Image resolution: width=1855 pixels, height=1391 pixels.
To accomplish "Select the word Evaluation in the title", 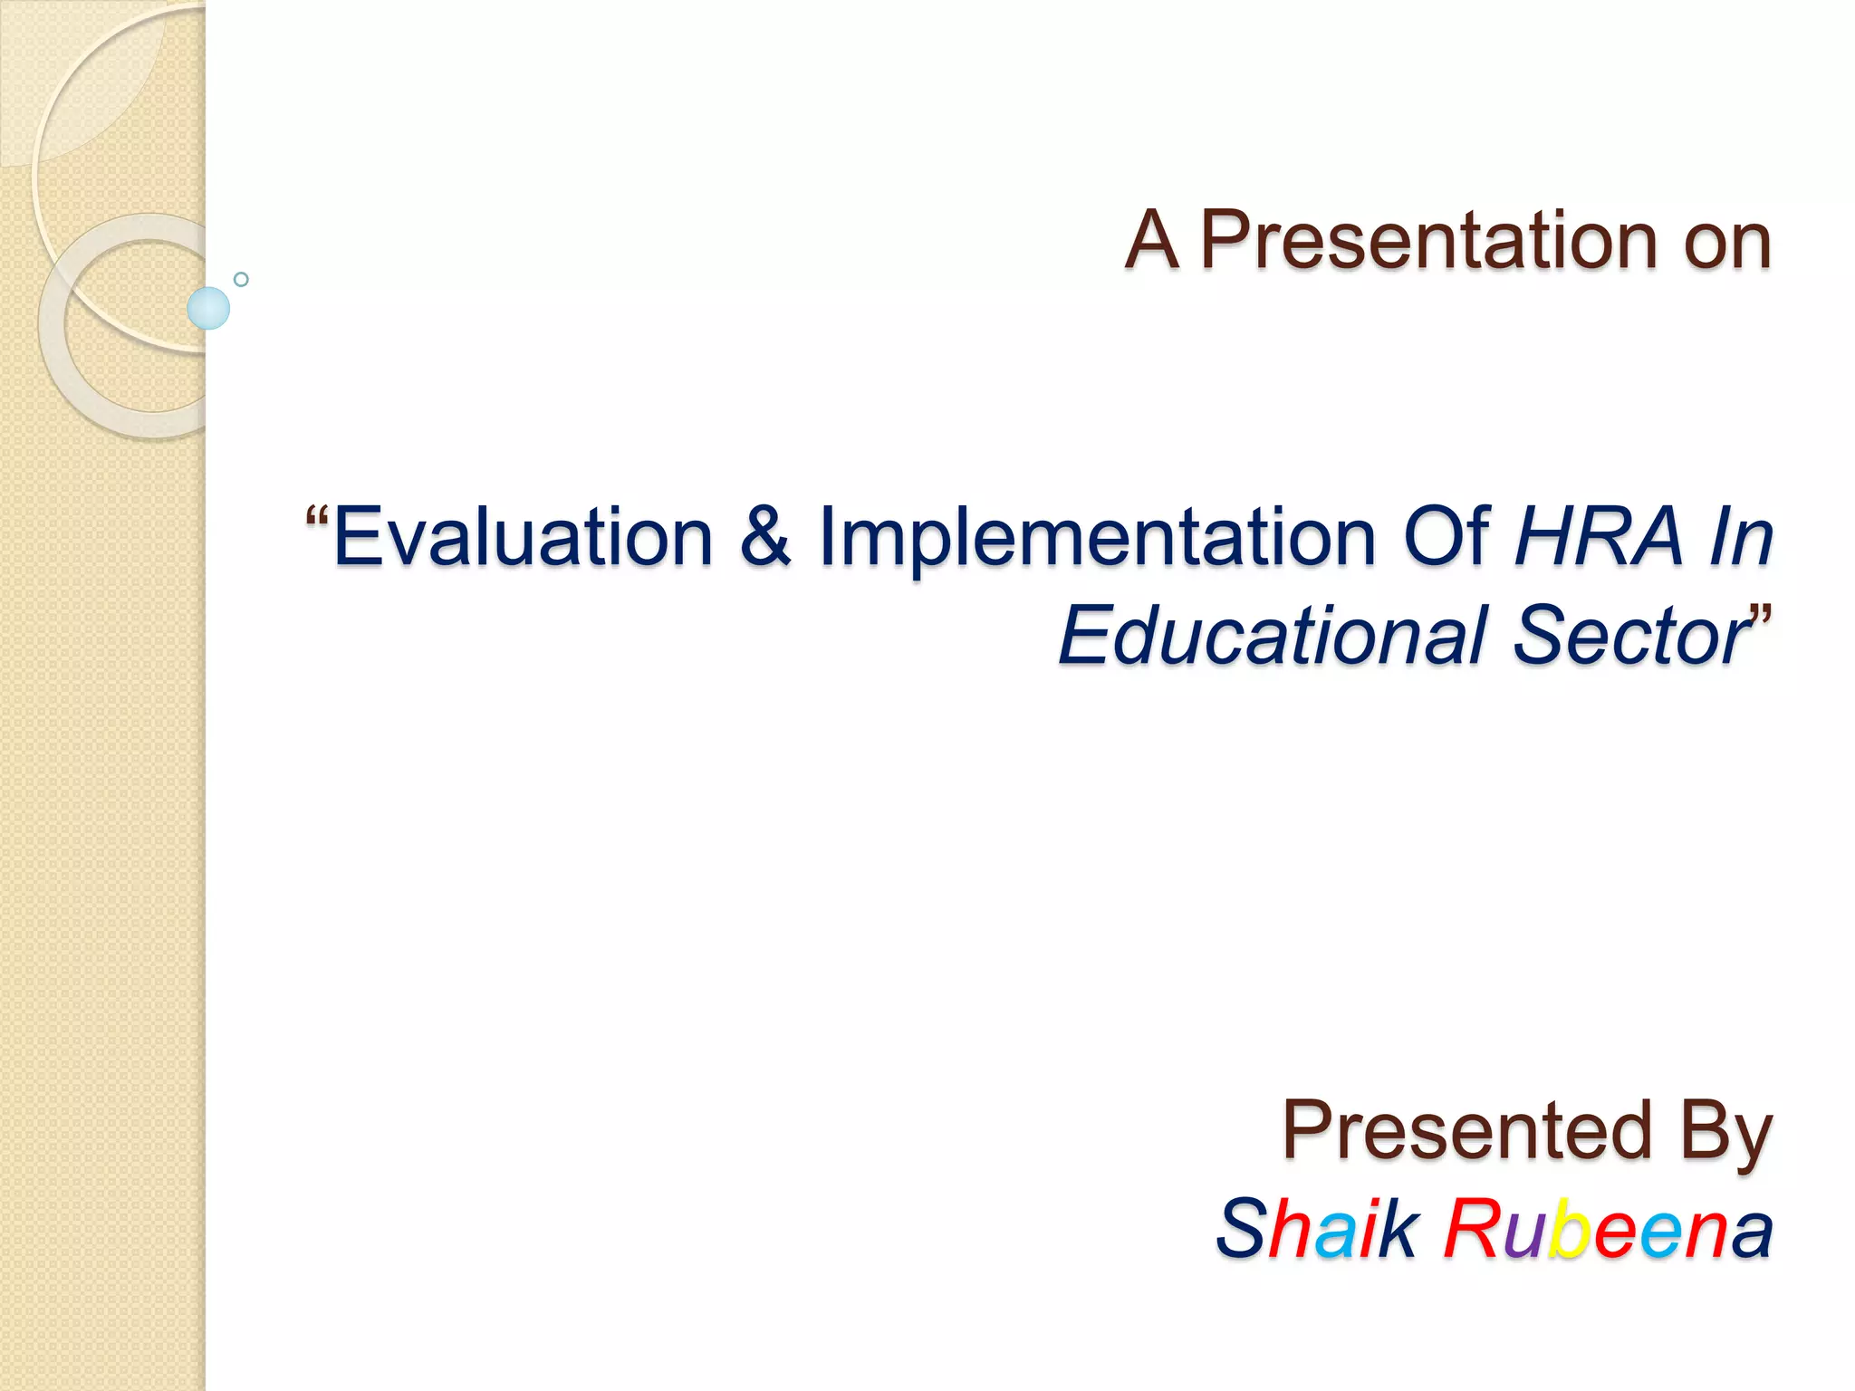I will coord(524,537).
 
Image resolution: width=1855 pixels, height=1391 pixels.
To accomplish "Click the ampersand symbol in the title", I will coord(766,537).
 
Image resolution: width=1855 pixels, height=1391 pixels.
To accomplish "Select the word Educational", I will coord(1274,636).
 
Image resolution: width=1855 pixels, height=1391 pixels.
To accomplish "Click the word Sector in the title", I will coord(1630,636).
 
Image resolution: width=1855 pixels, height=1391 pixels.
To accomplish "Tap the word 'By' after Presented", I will coord(1726,1132).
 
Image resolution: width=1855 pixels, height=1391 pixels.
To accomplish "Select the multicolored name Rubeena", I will coord(1608,1229).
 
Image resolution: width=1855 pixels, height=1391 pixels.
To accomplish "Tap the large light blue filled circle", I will coord(208,308).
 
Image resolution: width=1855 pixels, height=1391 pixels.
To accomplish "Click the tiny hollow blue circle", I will coord(241,279).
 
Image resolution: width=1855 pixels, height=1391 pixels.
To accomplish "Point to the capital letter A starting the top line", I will coord(1152,241).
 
